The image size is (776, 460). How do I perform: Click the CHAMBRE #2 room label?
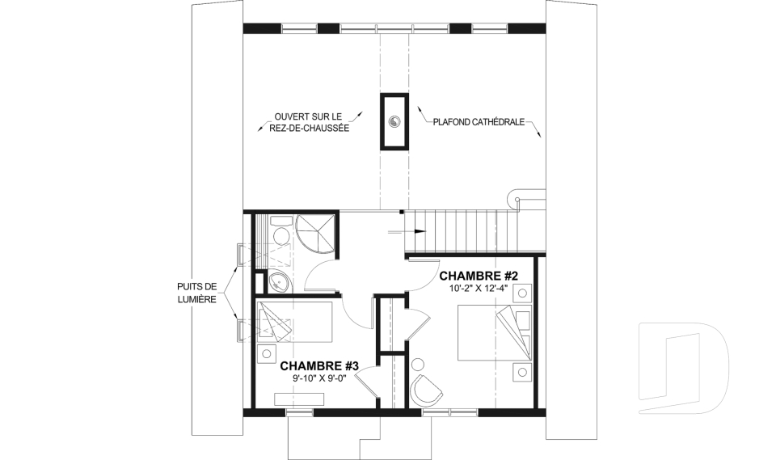tap(479, 276)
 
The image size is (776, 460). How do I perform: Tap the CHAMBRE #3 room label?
tap(319, 366)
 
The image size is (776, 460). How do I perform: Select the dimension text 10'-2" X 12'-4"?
tap(479, 288)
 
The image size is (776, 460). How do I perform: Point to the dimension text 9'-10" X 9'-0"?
tap(319, 378)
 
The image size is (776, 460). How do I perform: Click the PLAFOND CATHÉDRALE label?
tap(479, 122)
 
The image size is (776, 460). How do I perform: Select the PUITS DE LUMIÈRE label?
tap(197, 293)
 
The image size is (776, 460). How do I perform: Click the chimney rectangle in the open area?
tap(394, 121)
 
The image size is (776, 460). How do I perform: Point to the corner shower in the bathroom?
tap(317, 235)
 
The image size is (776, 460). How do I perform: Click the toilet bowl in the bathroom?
tap(282, 233)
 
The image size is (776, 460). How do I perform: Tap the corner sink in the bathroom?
tap(280, 283)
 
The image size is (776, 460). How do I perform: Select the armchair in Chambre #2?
tap(426, 390)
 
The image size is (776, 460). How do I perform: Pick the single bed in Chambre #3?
tap(295, 322)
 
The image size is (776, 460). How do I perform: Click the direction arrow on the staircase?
tap(407, 231)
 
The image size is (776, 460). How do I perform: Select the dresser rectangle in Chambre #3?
tap(300, 399)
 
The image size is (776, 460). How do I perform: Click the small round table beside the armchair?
tap(418, 365)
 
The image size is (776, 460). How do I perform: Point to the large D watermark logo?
tap(684, 368)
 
